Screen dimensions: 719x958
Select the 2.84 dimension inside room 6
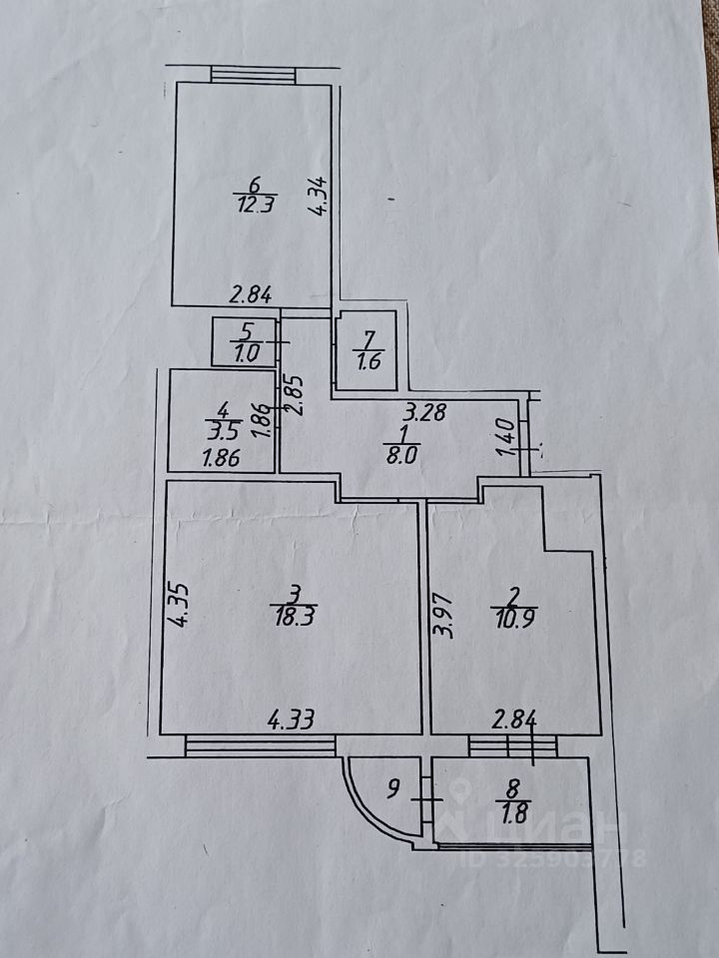[x=251, y=294]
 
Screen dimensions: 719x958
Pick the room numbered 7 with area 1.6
[x=367, y=352]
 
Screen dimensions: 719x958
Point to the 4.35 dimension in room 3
[x=179, y=606]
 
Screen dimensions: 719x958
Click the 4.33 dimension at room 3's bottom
[x=289, y=718]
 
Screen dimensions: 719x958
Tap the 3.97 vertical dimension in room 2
[x=445, y=616]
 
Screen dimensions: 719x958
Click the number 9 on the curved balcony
[x=393, y=794]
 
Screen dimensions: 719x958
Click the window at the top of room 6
[x=254, y=76]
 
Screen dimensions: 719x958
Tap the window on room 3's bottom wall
[x=260, y=743]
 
